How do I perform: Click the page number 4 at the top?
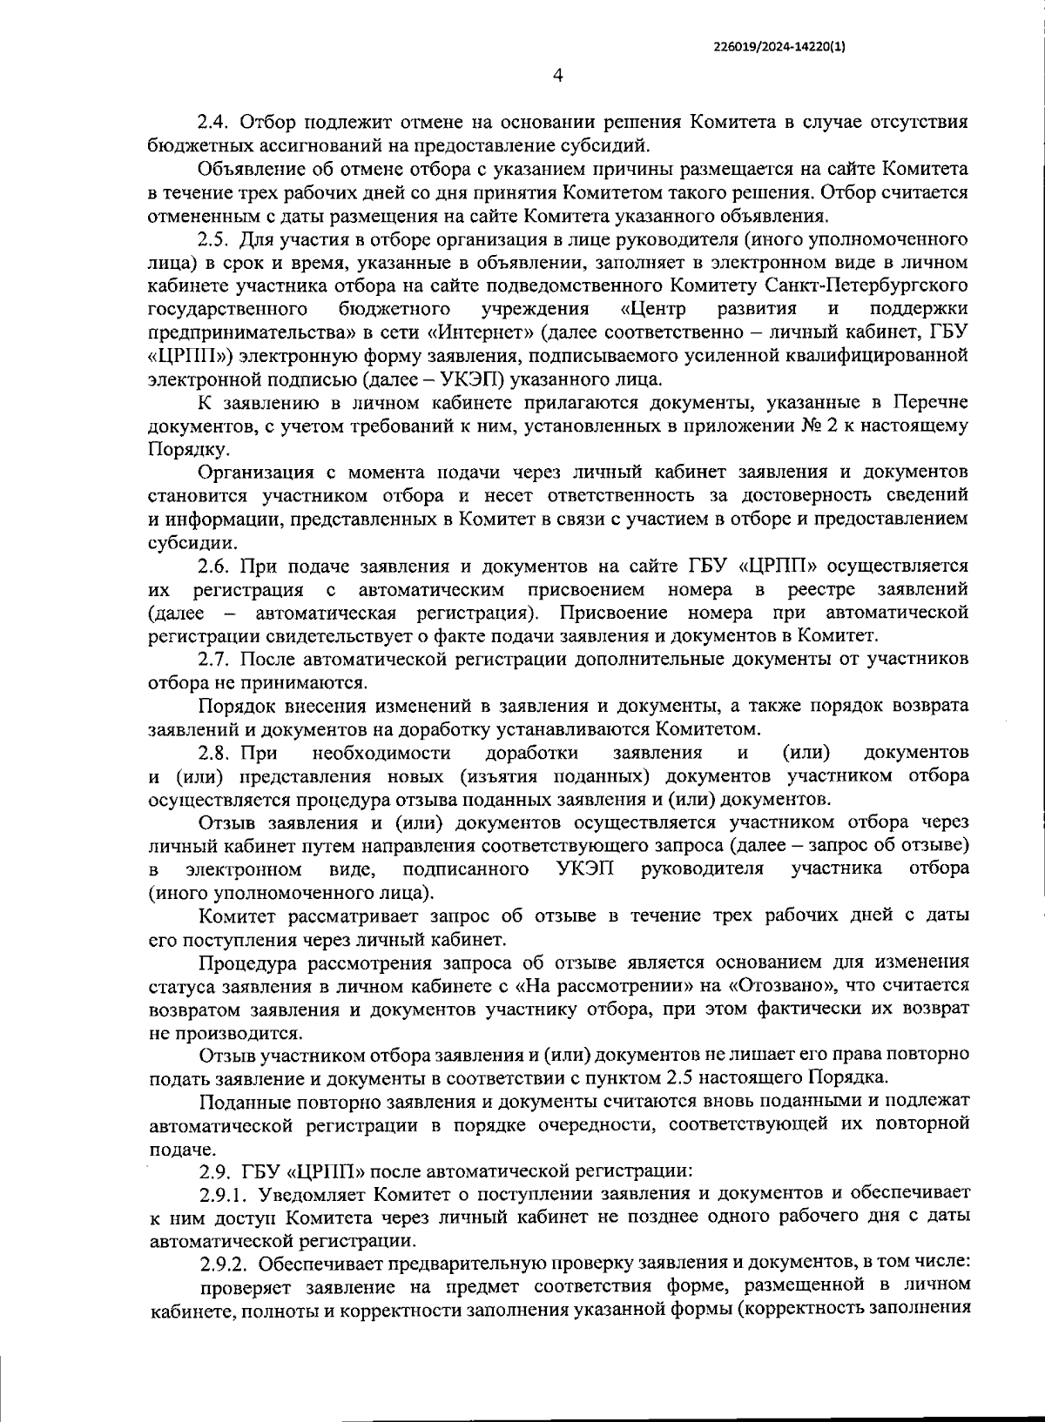point(558,77)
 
